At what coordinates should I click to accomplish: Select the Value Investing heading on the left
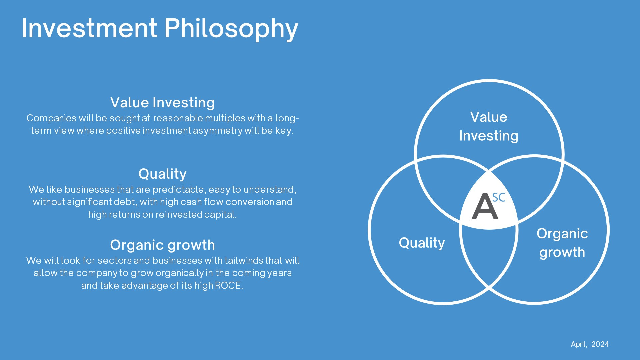tap(162, 103)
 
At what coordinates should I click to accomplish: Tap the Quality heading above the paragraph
tap(162, 174)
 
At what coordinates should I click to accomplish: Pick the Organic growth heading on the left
tap(162, 245)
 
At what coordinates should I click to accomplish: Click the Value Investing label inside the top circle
tap(489, 127)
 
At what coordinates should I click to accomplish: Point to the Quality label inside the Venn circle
tap(422, 243)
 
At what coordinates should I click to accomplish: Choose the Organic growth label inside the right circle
tap(562, 243)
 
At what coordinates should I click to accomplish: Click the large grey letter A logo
tap(485, 207)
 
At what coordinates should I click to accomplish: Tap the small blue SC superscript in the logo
tap(499, 197)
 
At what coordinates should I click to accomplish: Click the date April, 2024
tap(590, 344)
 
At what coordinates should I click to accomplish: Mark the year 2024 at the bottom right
tap(600, 344)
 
